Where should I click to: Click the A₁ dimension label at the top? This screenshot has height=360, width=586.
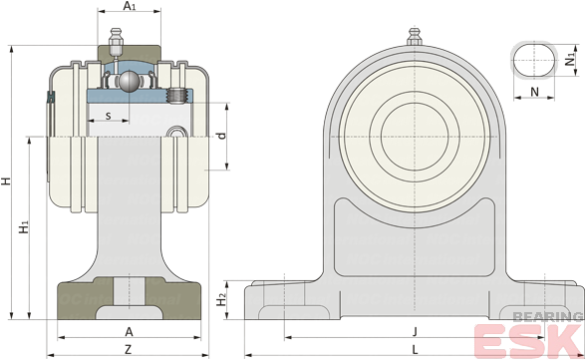pyautogui.click(x=130, y=6)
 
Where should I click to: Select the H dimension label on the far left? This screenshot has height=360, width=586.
pyautogui.click(x=6, y=181)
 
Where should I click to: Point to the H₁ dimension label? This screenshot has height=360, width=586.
pyautogui.click(x=24, y=227)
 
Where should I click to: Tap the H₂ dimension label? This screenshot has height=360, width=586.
pyautogui.click(x=222, y=299)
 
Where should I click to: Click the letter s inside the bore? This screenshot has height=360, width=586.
pyautogui.click(x=109, y=116)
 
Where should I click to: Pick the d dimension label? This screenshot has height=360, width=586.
pyautogui.click(x=222, y=136)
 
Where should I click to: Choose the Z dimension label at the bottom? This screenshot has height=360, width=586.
pyautogui.click(x=129, y=350)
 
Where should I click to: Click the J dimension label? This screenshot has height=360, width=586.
pyautogui.click(x=415, y=331)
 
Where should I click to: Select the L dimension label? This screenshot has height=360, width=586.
pyautogui.click(x=415, y=350)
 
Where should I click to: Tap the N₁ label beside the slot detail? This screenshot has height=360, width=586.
pyautogui.click(x=570, y=60)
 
